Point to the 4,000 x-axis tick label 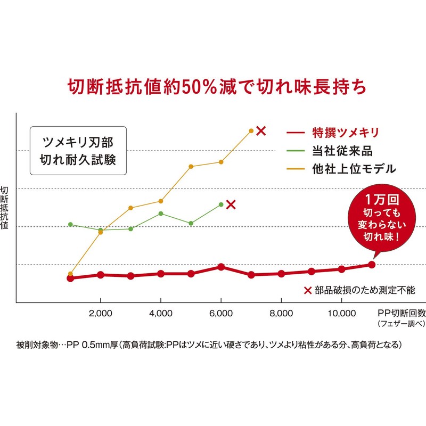point(161,314)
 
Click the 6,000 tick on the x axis point(221,314)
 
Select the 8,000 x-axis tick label point(281,314)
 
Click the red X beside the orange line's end point(260,130)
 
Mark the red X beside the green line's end point(231,204)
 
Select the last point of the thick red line point(372,265)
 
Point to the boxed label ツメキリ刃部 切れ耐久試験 point(78,151)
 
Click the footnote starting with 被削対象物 point(208,345)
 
